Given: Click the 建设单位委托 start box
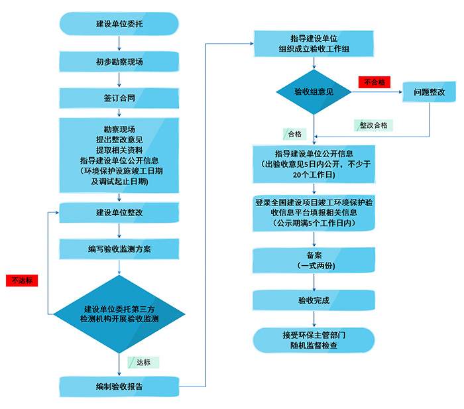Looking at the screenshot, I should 119,25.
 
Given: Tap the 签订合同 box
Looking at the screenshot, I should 119,98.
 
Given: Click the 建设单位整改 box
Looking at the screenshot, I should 119,213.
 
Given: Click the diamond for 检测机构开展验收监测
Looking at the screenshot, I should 119,314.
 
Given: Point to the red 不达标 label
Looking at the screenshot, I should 22,280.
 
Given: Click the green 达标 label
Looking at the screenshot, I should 143,362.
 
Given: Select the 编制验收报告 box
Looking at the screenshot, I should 119,386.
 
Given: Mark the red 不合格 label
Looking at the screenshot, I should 374,82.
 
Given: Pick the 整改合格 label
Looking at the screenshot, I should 374,125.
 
